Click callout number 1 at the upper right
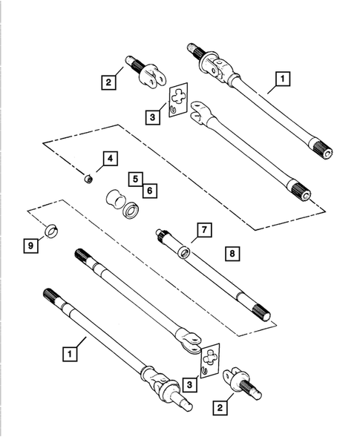tap(282, 78)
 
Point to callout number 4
tap(108, 158)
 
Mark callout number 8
tap(232, 254)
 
